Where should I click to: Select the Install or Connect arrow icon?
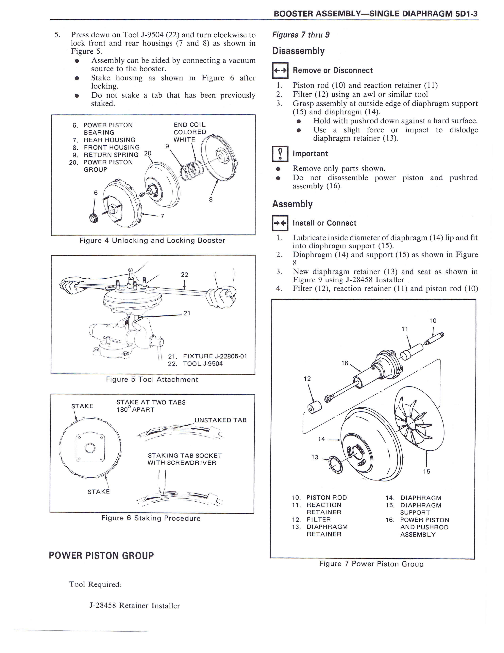pyautogui.click(x=280, y=223)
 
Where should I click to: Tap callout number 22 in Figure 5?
pyautogui.click(x=185, y=274)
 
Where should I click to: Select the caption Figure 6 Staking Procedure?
pyautogui.click(x=151, y=518)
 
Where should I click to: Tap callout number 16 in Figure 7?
pyautogui.click(x=345, y=363)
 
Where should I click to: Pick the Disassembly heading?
pyautogui.click(x=298, y=51)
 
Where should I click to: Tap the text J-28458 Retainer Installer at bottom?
pyautogui.click(x=135, y=606)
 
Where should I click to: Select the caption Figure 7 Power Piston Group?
pyautogui.click(x=371, y=564)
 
